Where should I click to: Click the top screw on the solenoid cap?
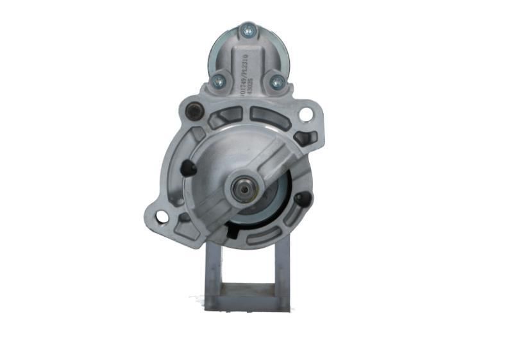tap(248, 29)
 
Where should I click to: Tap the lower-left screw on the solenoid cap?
tap(218, 80)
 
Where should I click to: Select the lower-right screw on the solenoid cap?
tap(276, 82)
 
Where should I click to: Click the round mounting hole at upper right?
tap(306, 115)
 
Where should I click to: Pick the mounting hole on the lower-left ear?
tap(162, 217)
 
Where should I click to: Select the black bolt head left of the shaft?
tap(187, 168)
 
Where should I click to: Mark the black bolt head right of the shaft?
tap(301, 199)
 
